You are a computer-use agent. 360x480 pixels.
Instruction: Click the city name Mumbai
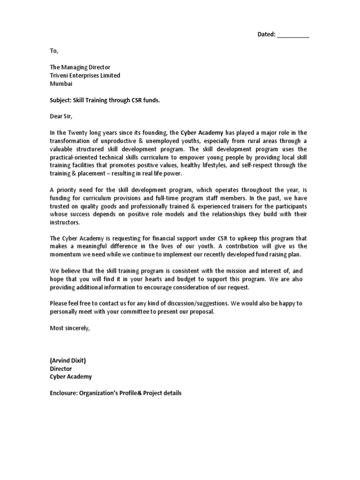tap(61, 84)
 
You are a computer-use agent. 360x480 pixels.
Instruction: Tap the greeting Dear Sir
tap(61, 116)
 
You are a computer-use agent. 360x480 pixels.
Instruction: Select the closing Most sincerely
tap(69, 328)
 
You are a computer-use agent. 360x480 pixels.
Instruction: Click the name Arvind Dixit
tap(69, 360)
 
